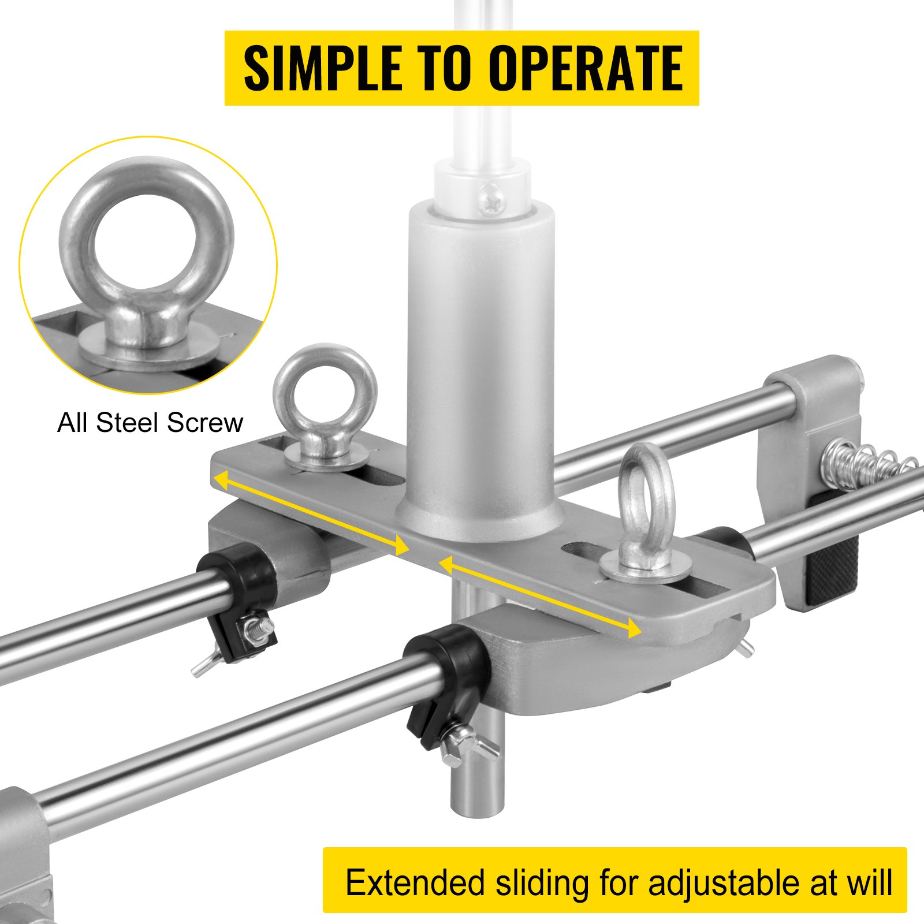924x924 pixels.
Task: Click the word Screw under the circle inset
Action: tap(204, 423)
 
